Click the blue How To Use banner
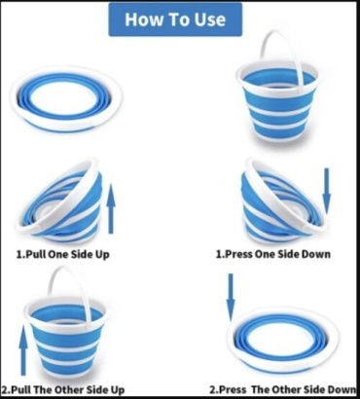click(x=175, y=19)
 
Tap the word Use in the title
click(x=210, y=19)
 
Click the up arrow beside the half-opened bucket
click(x=111, y=208)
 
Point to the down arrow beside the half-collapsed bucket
click(x=327, y=191)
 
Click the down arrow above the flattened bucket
click(x=231, y=297)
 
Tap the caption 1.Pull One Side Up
click(x=63, y=254)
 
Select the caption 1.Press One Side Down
click(x=273, y=254)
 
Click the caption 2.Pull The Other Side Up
click(x=63, y=389)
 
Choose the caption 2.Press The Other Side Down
click(x=283, y=389)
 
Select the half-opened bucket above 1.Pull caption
click(x=61, y=201)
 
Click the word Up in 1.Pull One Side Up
click(x=102, y=254)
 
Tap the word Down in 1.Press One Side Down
click(x=316, y=254)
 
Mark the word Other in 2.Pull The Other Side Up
click(x=67, y=389)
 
